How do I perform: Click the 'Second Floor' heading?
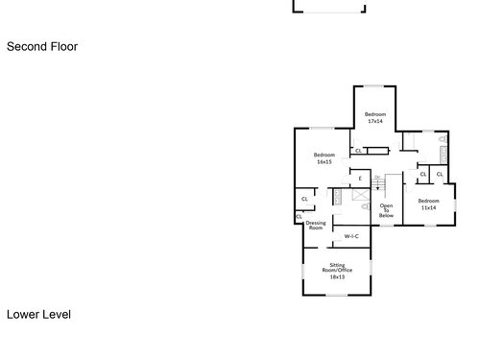pyautogui.click(x=42, y=47)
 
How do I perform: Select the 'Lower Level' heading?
pyautogui.click(x=38, y=315)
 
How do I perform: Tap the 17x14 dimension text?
pyautogui.click(x=375, y=121)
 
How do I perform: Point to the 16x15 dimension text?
pyautogui.click(x=324, y=162)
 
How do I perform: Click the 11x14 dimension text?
pyautogui.click(x=428, y=207)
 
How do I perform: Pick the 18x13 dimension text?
pyautogui.click(x=337, y=276)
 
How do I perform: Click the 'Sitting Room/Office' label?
pyautogui.click(x=337, y=268)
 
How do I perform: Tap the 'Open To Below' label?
pyautogui.click(x=386, y=210)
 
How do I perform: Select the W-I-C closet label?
pyautogui.click(x=351, y=236)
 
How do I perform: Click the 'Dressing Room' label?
pyautogui.click(x=316, y=226)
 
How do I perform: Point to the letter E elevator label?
pyautogui.click(x=360, y=179)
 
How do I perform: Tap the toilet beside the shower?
pyautogui.click(x=365, y=206)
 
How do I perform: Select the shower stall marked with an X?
pyautogui.click(x=361, y=195)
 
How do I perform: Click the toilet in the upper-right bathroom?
pyautogui.click(x=444, y=139)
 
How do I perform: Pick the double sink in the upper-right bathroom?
pyautogui.click(x=444, y=155)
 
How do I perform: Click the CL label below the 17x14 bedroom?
pyautogui.click(x=358, y=151)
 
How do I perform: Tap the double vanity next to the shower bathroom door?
pyautogui.click(x=337, y=197)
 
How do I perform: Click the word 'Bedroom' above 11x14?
pyautogui.click(x=428, y=201)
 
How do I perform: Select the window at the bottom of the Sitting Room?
pyautogui.click(x=337, y=295)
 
